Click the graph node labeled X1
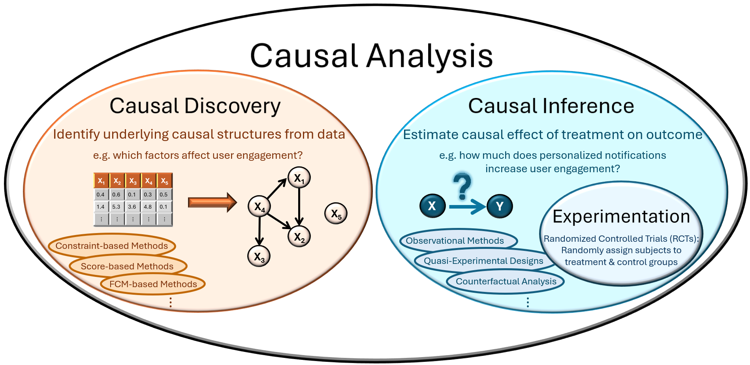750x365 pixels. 299,178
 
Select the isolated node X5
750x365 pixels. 336,214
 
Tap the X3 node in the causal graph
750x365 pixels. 259,256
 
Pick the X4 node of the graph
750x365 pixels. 259,206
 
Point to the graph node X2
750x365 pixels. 299,237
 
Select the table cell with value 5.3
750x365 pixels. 116,207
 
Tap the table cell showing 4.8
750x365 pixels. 148,207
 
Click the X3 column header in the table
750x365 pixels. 133,181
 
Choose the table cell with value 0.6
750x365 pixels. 116,194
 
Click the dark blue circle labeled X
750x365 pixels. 432,206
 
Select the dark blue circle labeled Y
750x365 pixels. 500,206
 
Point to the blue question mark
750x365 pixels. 462,186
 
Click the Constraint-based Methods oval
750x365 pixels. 112,246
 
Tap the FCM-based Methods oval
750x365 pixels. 153,284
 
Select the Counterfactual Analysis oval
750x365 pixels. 506,282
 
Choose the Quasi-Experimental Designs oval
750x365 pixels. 483,261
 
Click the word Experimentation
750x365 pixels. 621,216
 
